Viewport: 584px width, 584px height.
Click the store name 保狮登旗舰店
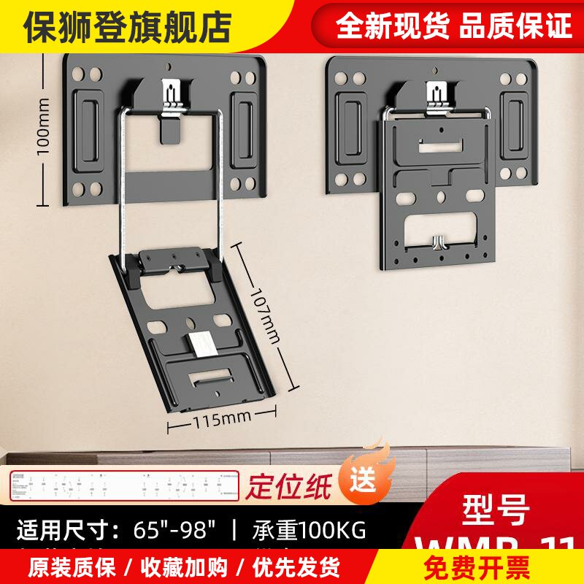(x=128, y=27)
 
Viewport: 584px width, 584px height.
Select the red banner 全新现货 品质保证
(x=453, y=26)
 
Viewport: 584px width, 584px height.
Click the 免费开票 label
(x=490, y=566)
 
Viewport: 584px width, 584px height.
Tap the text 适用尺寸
(x=69, y=529)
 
